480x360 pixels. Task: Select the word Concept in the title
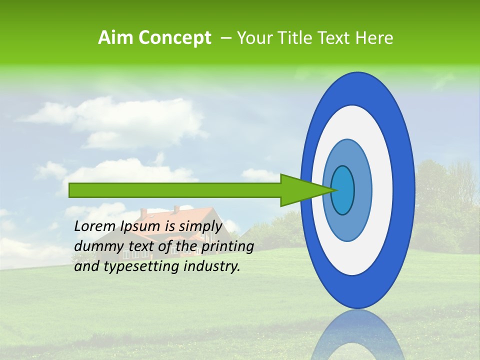(174, 38)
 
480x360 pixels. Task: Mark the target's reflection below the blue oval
(358, 335)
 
